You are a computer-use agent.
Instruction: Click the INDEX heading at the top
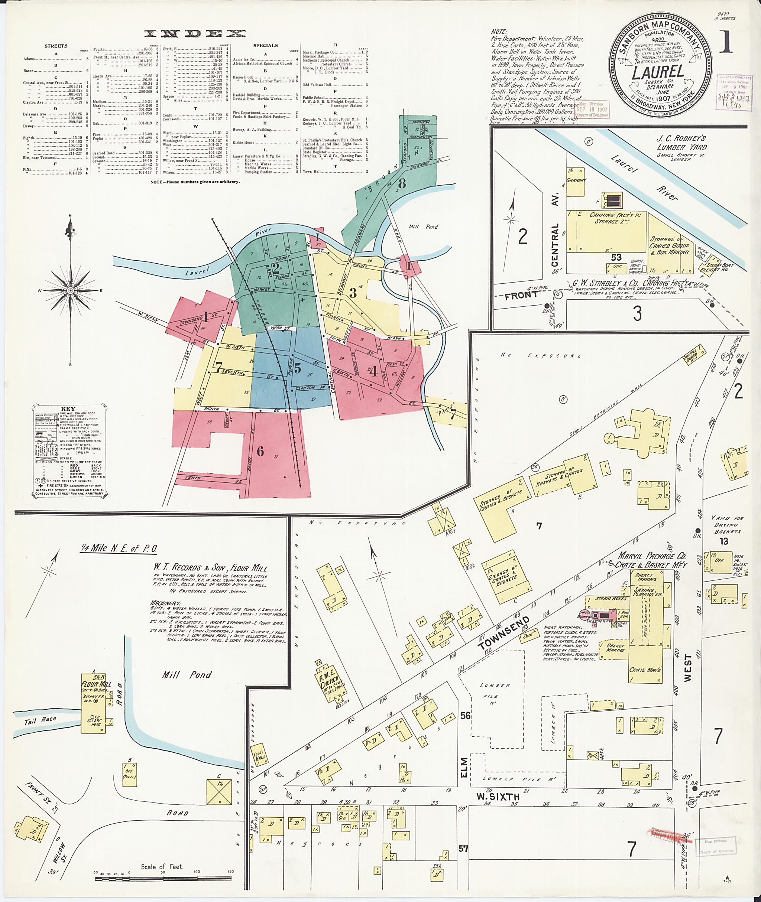tap(195, 34)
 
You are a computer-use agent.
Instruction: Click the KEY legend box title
tap(68, 409)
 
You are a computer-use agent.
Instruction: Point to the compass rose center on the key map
tap(70, 291)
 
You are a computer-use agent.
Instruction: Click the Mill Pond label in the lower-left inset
tap(187, 675)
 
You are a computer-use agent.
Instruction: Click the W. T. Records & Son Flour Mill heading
tap(210, 567)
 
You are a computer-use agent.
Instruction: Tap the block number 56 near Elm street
tap(465, 716)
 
